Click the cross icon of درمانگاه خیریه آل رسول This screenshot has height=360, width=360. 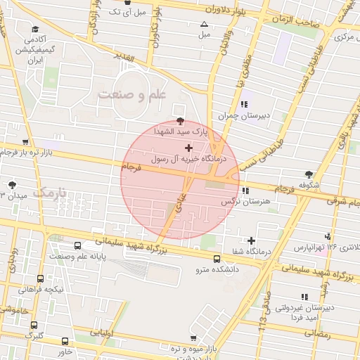tap(188, 148)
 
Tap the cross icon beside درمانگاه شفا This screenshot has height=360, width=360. tap(251, 240)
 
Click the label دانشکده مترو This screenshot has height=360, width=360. tap(217, 269)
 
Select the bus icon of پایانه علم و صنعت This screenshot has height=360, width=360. tap(77, 246)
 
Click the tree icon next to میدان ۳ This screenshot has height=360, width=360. tap(11, 184)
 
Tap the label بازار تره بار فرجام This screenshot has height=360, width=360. tap(28, 152)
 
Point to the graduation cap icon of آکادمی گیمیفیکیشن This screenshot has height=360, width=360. tap(34, 30)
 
